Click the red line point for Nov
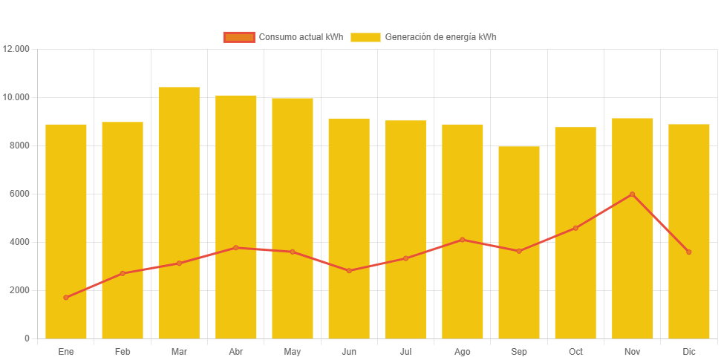(632, 194)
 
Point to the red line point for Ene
(66, 298)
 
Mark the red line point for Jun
(349, 271)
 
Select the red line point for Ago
(462, 240)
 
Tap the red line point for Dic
(688, 252)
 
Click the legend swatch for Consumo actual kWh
(239, 37)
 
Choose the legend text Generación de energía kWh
(440, 37)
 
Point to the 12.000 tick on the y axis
(16, 49)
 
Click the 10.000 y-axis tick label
(16, 97)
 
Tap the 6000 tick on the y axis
(20, 194)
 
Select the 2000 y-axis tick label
(20, 290)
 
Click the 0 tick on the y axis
(27, 338)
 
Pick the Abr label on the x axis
(236, 351)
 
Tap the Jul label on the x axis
(405, 351)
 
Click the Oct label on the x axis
(575, 351)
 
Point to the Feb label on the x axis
(123, 351)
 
